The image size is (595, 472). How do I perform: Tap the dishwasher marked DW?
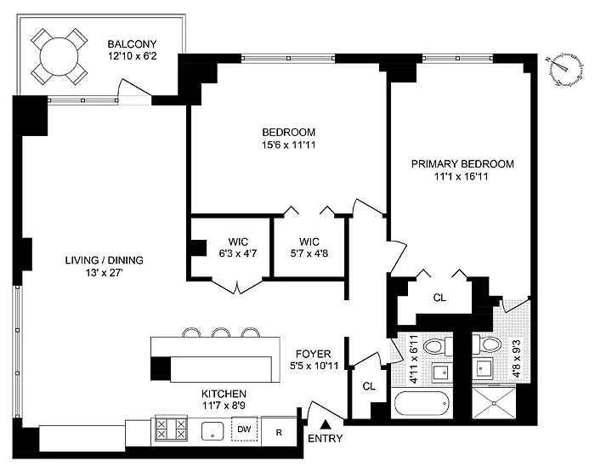(244, 429)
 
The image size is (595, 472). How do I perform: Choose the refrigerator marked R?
(278, 430)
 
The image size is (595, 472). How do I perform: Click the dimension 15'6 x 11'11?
(288, 145)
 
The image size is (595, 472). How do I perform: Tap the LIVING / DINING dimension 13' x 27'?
(99, 273)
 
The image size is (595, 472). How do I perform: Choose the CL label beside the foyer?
(367, 385)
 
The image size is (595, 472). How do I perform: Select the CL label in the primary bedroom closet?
(439, 298)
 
